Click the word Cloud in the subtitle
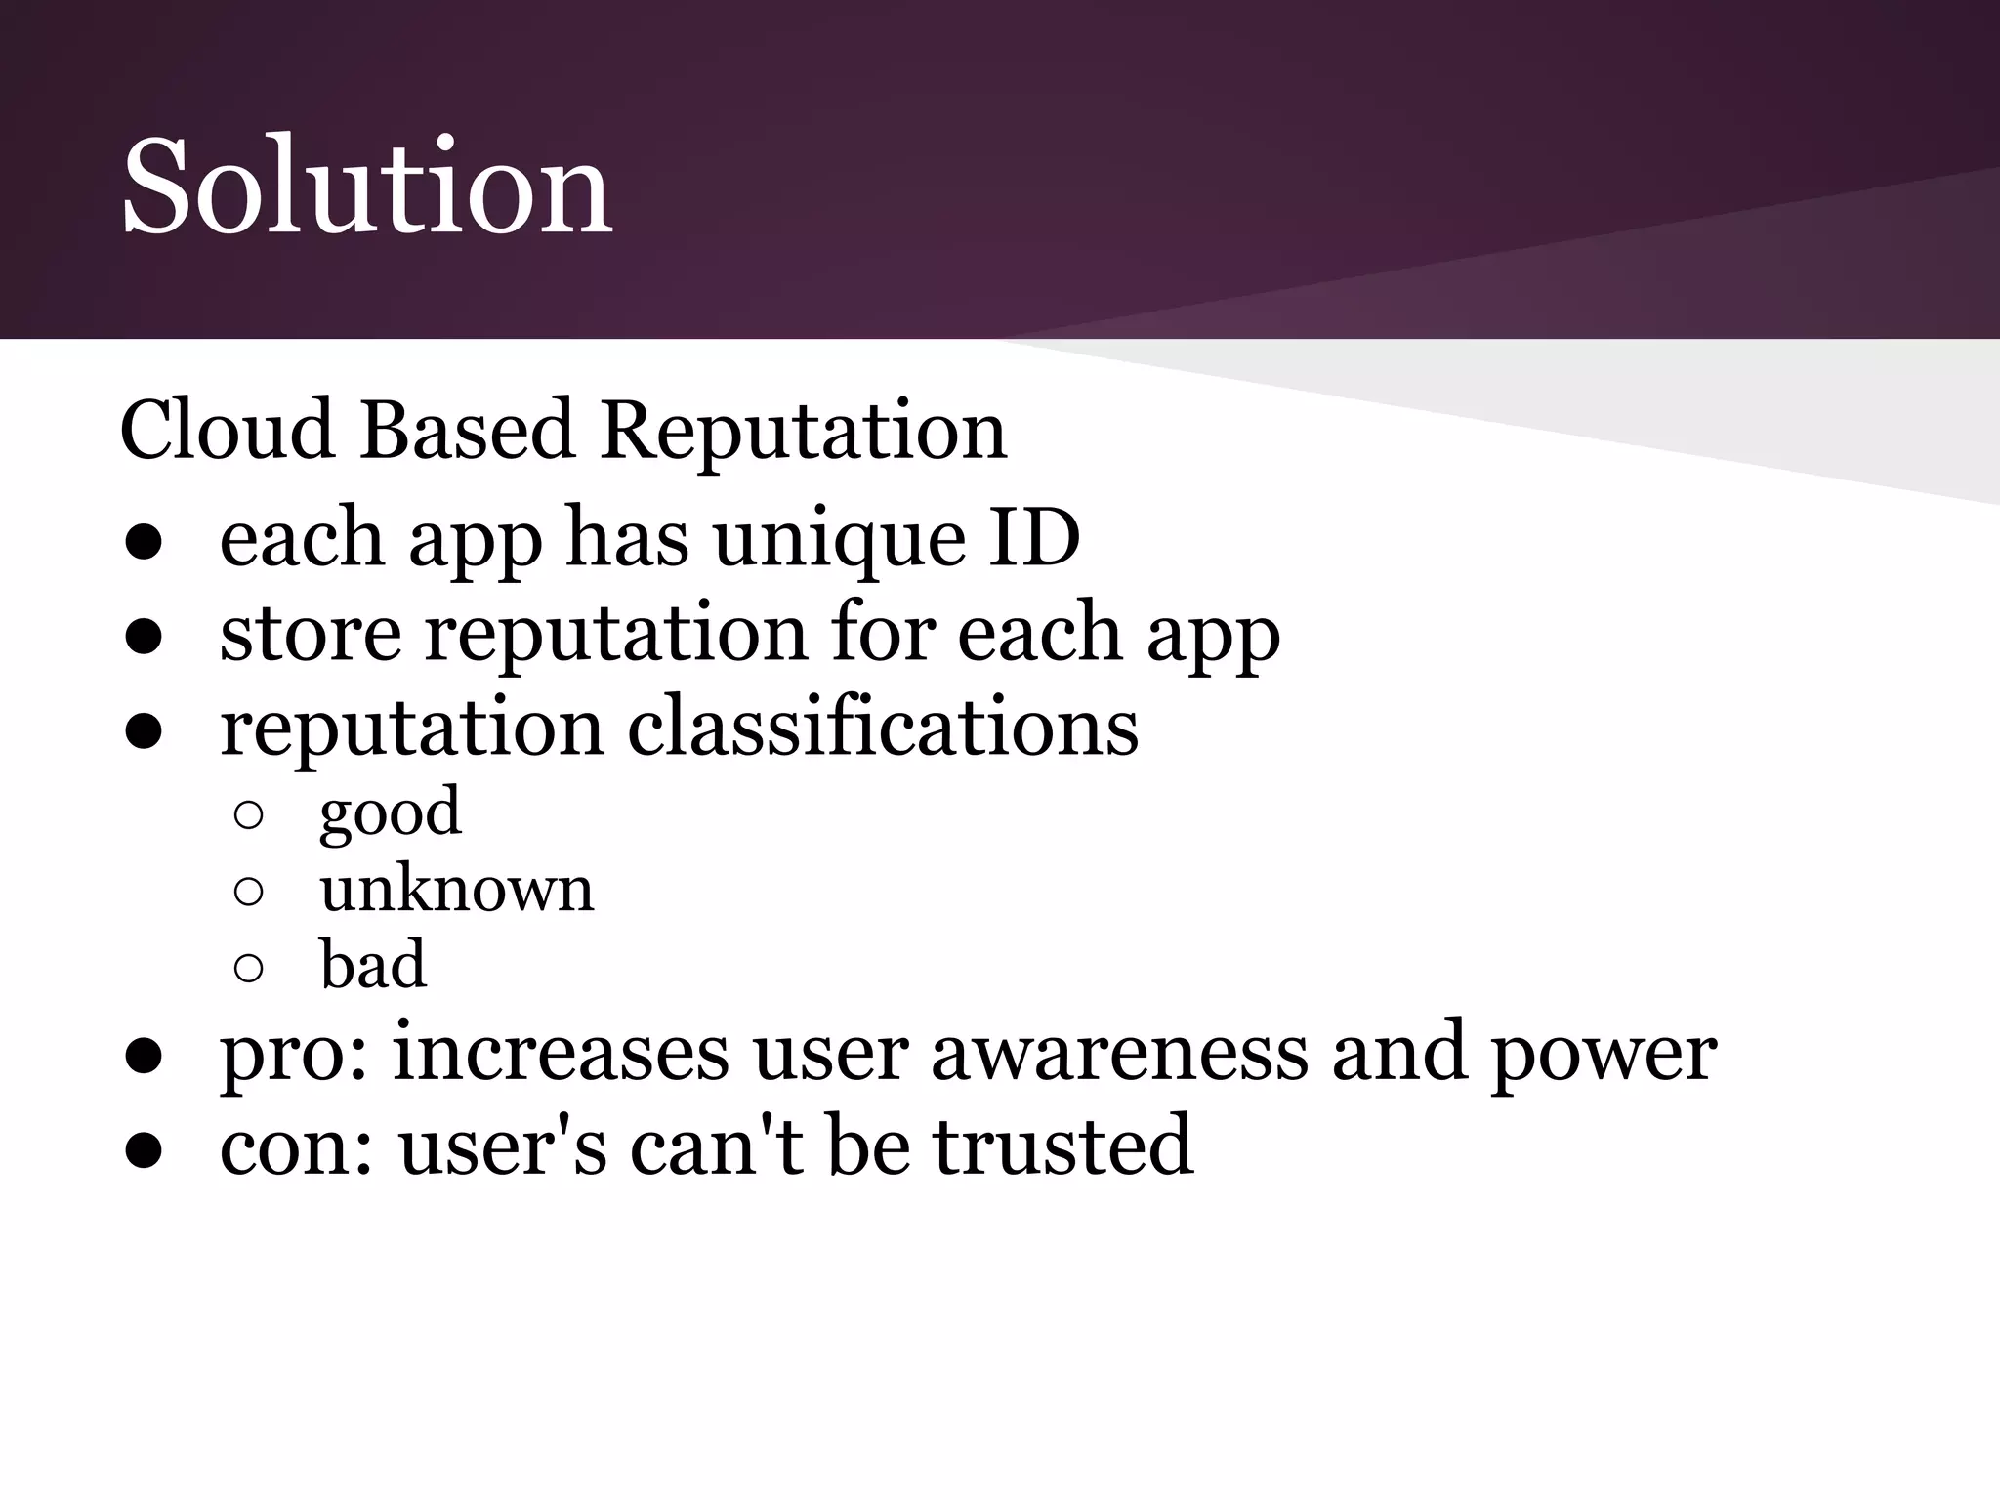[x=226, y=430]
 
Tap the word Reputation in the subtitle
[x=803, y=430]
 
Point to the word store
[x=311, y=633]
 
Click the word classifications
[x=882, y=728]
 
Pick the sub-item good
[x=390, y=813]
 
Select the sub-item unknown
[x=456, y=889]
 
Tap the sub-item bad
[x=373, y=964]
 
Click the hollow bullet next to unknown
[x=249, y=892]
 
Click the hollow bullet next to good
[x=249, y=816]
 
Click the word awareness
[x=1119, y=1053]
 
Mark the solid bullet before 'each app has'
[x=143, y=543]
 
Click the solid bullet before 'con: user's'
[x=143, y=1150]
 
